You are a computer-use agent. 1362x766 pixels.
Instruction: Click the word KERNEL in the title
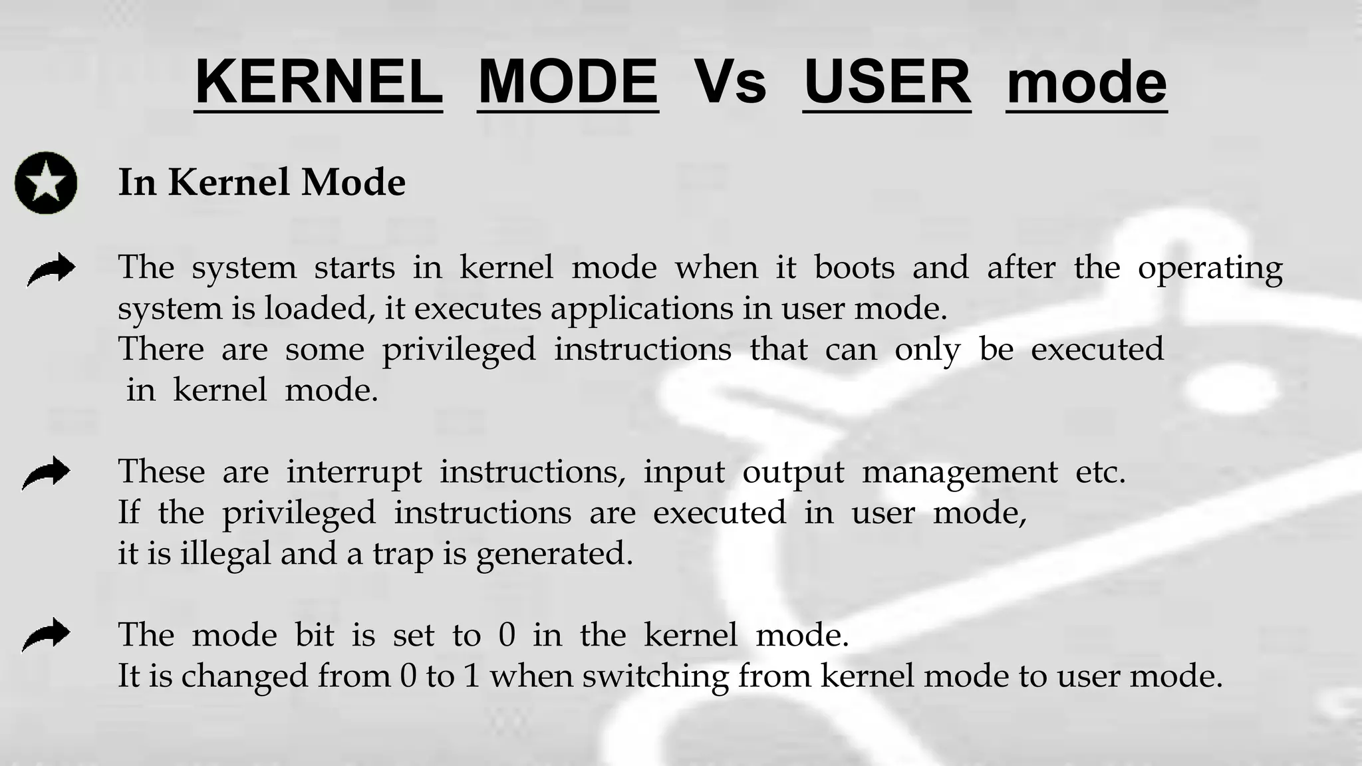coord(318,82)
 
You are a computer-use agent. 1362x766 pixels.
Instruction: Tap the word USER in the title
coord(886,82)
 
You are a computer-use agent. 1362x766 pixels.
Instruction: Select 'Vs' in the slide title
coord(730,82)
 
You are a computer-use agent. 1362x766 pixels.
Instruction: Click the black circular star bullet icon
coord(46,183)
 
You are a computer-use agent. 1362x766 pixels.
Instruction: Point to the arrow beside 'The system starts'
coord(51,269)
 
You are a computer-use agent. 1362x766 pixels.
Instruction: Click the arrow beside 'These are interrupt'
coord(46,473)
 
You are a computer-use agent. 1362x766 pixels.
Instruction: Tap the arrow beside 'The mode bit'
coord(46,634)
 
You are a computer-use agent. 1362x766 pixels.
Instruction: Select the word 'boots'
coord(854,267)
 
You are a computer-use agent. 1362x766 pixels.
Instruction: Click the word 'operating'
coord(1210,269)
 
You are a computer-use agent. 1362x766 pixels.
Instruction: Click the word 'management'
coord(959,473)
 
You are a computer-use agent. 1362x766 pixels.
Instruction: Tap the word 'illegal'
coord(225,554)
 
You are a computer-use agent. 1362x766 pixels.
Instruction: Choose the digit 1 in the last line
coord(472,676)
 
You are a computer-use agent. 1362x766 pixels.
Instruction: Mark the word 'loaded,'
coord(319,309)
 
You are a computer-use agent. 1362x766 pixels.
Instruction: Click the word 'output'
coord(793,473)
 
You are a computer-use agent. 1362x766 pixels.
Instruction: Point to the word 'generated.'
coord(555,554)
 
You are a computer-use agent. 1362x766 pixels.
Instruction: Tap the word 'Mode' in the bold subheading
coord(353,182)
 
